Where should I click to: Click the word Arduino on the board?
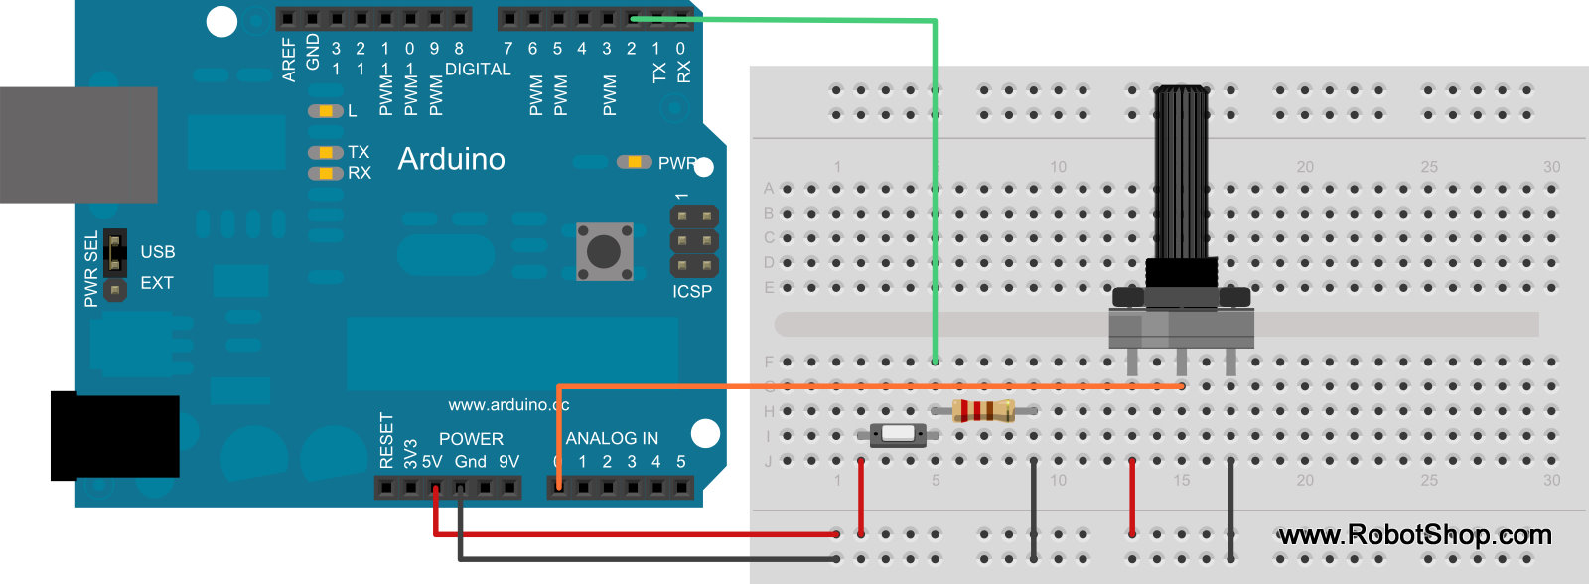pos(451,159)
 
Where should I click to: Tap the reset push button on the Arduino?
pos(604,251)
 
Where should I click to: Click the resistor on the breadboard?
pos(983,410)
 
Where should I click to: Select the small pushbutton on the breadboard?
pos(898,434)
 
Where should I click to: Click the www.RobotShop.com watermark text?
pos(1414,535)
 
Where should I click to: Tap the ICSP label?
pos(692,291)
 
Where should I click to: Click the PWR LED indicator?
pos(633,162)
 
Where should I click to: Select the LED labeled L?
pos(325,111)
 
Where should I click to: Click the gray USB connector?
pos(78,144)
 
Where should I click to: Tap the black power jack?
pos(114,435)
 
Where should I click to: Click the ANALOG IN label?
pos(612,438)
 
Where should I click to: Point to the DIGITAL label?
pos(478,70)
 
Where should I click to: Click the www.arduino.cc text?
pos(508,404)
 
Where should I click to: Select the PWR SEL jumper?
pos(115,254)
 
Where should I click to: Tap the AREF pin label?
pos(289,60)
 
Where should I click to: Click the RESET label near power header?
pos(387,440)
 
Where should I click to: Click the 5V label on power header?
pos(432,462)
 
